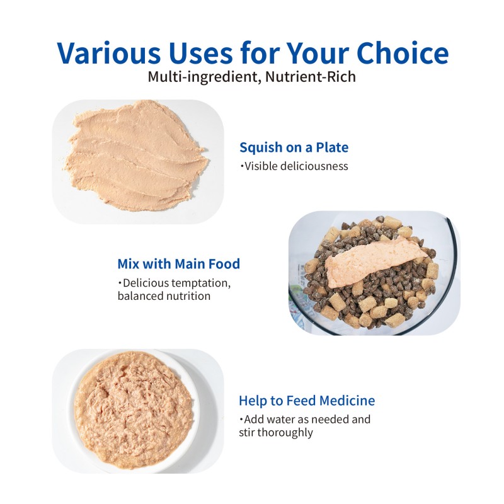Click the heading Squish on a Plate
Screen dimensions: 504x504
click(294, 148)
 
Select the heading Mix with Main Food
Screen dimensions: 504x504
click(178, 264)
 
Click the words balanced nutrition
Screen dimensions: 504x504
click(164, 295)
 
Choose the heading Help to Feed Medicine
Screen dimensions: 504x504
click(307, 401)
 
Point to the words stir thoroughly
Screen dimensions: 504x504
click(276, 432)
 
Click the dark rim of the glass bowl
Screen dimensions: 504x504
click(452, 239)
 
